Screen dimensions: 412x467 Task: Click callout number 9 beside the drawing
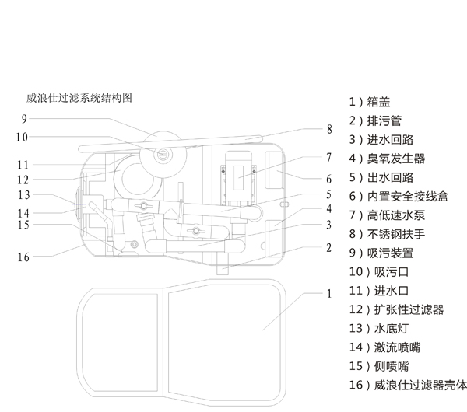[x=24, y=119]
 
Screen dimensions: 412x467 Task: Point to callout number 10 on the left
[x=23, y=138]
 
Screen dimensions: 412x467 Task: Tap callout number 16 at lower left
[x=23, y=257]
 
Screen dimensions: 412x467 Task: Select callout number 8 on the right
[x=329, y=129]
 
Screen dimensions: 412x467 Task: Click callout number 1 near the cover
[x=329, y=294]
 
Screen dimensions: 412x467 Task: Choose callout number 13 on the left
[x=23, y=194]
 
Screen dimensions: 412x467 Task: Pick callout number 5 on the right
[x=329, y=194]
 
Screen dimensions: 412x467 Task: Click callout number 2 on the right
[x=329, y=248]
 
